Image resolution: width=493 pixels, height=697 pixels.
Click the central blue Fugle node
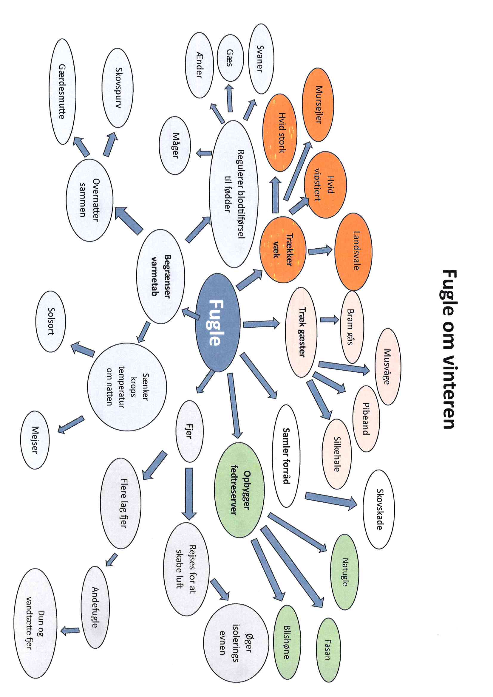coord(217,322)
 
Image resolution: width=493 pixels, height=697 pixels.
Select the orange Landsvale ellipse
coord(353,251)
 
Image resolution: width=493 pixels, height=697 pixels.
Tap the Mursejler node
coord(318,104)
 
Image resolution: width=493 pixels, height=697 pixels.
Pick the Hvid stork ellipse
coord(280,133)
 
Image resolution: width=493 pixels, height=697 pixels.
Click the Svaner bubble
coord(261,59)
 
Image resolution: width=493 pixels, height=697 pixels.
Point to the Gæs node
coord(230,58)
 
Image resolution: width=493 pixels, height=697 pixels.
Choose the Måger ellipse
coord(175,145)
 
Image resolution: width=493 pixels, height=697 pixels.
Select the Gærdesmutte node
coord(62,92)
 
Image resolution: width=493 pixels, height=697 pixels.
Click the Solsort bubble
coord(50,321)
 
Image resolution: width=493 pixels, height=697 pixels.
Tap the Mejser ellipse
coord(35,440)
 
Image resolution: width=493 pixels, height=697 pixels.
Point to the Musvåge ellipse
coord(388,366)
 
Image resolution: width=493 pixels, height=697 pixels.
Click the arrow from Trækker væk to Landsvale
coord(320,251)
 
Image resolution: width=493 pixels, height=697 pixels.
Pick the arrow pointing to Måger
coord(204,153)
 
